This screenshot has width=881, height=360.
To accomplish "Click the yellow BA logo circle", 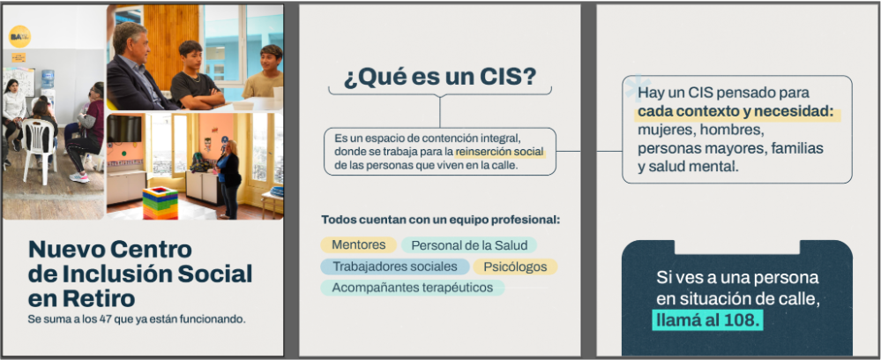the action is click(x=19, y=36).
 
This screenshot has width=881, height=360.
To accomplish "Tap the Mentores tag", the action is click(x=358, y=245).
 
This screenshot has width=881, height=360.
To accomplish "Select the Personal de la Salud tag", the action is click(x=469, y=245).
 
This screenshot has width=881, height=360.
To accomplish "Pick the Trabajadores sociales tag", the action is click(x=395, y=266).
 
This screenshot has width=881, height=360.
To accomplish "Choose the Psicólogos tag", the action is click(x=515, y=266).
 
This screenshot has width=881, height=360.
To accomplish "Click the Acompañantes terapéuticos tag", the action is click(x=413, y=288).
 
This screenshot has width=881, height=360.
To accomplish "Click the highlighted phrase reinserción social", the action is click(x=500, y=152).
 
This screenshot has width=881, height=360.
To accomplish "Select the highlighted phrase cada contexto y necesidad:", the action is click(x=739, y=112).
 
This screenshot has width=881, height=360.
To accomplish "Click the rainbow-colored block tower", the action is click(x=160, y=203).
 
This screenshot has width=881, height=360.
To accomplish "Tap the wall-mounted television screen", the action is click(x=124, y=129).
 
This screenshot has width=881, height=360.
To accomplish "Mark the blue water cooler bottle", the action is click(x=48, y=79).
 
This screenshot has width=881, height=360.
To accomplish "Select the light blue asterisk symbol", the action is click(x=637, y=88).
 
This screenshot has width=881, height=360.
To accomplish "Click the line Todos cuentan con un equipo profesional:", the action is click(x=441, y=220).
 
